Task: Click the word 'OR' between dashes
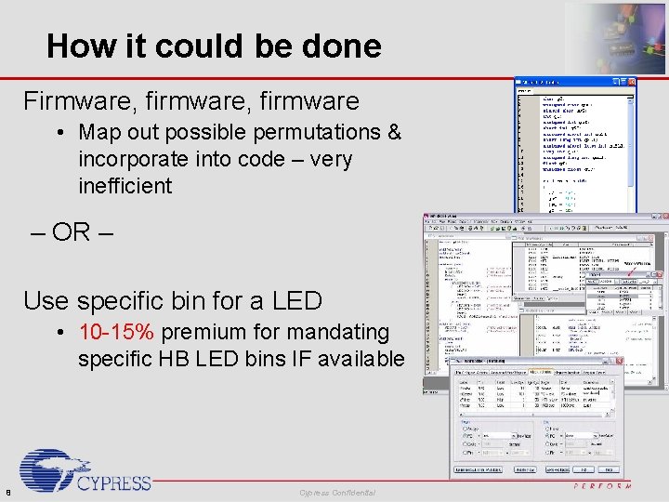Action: (71, 231)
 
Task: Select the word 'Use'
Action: (46, 300)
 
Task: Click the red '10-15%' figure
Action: (117, 332)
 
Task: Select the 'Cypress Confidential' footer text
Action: (337, 492)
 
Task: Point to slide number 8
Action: (7, 492)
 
